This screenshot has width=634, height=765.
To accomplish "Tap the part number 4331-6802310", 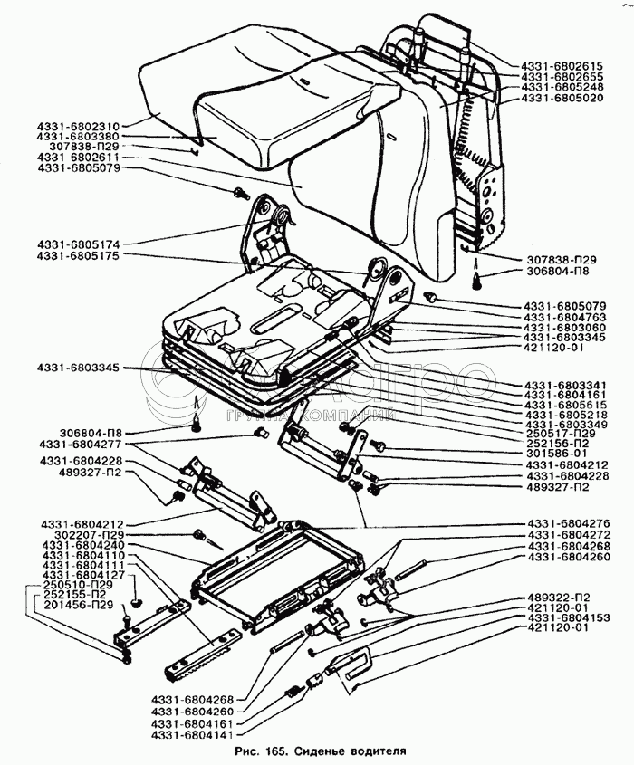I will [80, 124].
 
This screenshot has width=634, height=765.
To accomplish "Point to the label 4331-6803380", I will [80, 135].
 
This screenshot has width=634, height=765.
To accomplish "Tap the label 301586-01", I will [556, 455].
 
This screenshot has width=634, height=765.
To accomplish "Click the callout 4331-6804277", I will [80, 445].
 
